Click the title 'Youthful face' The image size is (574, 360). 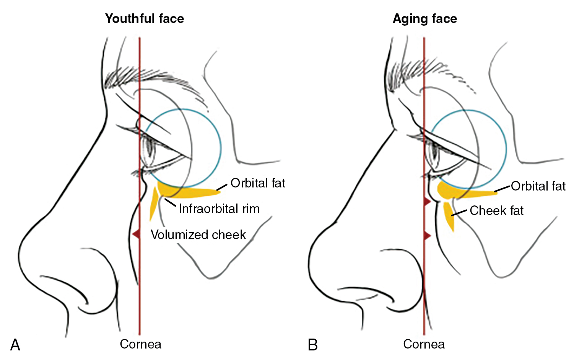[145, 18]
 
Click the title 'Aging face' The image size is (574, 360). [425, 18]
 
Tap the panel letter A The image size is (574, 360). [15, 345]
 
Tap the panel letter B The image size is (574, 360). [312, 345]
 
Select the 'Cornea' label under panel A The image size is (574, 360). [140, 344]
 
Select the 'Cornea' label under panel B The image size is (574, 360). [424, 344]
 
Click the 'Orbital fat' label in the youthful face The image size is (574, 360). [258, 183]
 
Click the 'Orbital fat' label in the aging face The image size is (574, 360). [538, 186]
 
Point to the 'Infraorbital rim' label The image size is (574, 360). [219, 209]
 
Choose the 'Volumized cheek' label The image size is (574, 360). [198, 235]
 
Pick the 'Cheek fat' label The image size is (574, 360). [496, 210]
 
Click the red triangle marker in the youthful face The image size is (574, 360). [136, 233]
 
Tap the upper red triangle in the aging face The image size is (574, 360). [427, 201]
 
